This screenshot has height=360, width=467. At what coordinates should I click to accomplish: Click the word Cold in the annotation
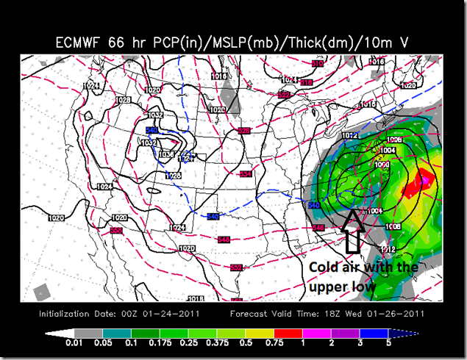(323, 267)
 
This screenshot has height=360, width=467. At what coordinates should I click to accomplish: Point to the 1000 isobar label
(382, 165)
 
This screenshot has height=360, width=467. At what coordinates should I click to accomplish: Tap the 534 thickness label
(245, 174)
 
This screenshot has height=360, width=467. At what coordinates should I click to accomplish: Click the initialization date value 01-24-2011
(158, 314)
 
